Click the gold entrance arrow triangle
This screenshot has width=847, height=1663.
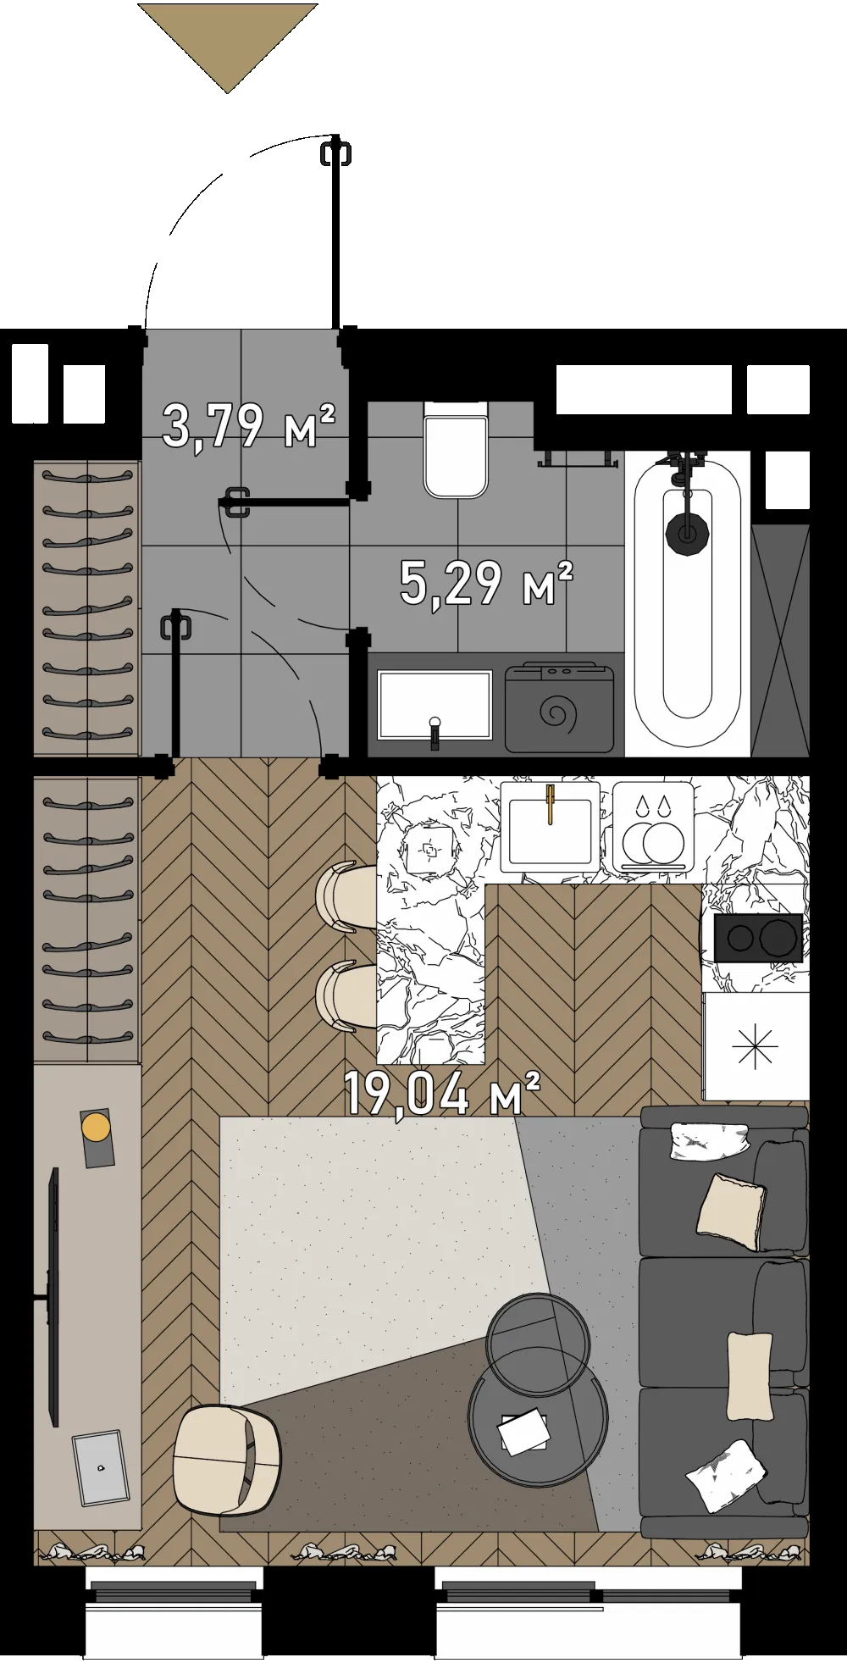[227, 38]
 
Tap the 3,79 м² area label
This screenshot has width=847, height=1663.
[249, 425]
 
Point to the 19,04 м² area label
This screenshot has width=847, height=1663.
[442, 1092]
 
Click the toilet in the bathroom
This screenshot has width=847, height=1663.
[456, 449]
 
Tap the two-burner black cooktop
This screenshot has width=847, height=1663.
[758, 937]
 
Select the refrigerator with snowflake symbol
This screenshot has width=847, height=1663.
[755, 1046]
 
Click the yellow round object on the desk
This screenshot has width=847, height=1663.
[96, 1128]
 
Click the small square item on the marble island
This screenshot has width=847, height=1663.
[429, 849]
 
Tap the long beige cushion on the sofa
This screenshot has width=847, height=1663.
[750, 1376]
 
